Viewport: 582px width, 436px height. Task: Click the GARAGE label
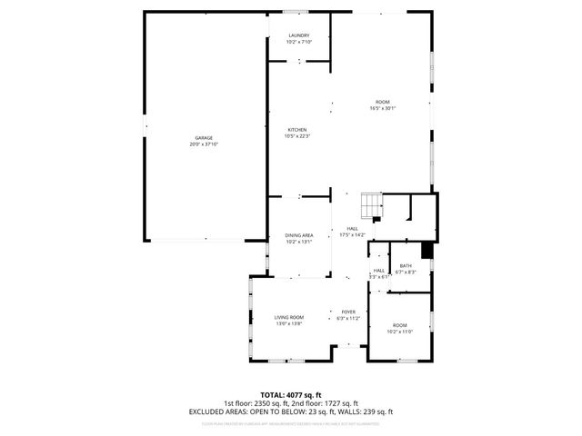203,138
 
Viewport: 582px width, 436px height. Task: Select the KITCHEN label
298,130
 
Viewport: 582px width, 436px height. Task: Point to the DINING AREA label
298,235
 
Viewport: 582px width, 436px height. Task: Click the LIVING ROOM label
288,317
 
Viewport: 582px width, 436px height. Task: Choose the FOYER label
348,312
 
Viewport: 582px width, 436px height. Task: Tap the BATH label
405,266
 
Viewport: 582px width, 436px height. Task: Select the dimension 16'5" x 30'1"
383,108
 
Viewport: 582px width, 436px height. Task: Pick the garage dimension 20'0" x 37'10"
203,144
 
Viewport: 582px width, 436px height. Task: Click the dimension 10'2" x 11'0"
400,332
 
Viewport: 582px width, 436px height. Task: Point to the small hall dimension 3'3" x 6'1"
379,276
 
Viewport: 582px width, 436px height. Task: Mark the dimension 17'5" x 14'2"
352,235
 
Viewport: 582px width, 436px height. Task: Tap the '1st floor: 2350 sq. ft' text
257,403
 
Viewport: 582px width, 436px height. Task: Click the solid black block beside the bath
426,252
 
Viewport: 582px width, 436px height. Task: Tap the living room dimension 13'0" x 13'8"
288,323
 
